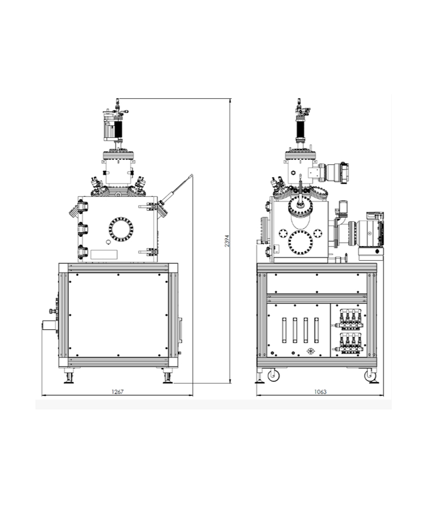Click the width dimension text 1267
[117, 391]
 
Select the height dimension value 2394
[227, 241]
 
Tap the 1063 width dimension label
[320, 391]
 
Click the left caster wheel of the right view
[273, 376]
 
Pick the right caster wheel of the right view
[370, 376]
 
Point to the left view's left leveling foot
[69, 377]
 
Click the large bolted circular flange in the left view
[121, 229]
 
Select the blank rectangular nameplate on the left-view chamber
[104, 255]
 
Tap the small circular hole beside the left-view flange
[108, 242]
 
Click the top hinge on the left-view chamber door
[82, 207]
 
